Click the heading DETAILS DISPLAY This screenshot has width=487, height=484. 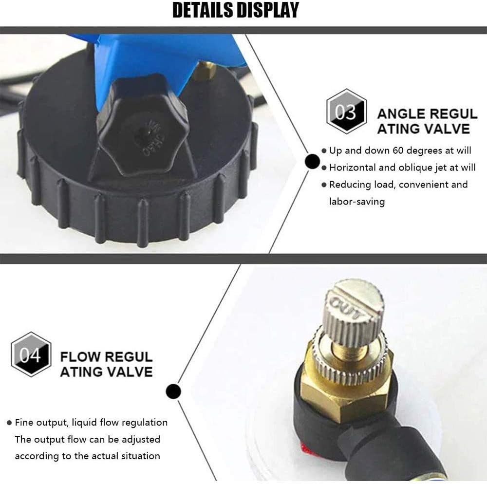coord(235,10)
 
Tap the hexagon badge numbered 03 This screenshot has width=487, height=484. coord(346,112)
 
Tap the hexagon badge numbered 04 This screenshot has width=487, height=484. coord(31,354)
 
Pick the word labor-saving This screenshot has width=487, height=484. coord(357,202)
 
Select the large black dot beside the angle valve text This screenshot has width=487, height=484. coord(312,162)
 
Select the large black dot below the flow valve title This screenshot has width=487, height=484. coord(173,391)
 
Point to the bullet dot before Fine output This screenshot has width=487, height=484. coord(9,423)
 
